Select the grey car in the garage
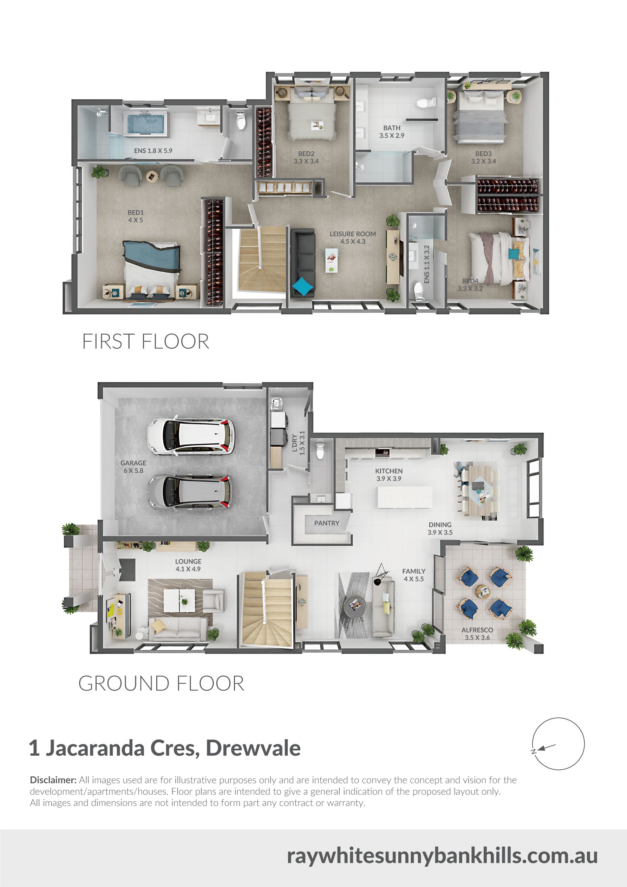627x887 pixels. tap(190, 491)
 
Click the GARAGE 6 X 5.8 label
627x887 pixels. tap(133, 467)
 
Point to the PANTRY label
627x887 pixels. tap(327, 523)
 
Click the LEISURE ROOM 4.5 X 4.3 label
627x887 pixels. tap(353, 238)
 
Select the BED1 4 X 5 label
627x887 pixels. tap(136, 216)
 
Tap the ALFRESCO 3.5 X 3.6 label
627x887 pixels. tap(477, 633)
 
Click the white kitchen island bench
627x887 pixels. tap(405, 497)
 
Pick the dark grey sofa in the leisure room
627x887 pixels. tap(303, 263)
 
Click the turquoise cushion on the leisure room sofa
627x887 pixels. tap(303, 287)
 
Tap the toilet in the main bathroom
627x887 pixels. tap(426, 103)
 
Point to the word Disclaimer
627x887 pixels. tap(53, 780)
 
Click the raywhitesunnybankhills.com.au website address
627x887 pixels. tap(442, 856)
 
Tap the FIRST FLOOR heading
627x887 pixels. tap(146, 342)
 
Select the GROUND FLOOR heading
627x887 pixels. tap(161, 683)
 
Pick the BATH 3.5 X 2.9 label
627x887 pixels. tap(392, 132)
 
